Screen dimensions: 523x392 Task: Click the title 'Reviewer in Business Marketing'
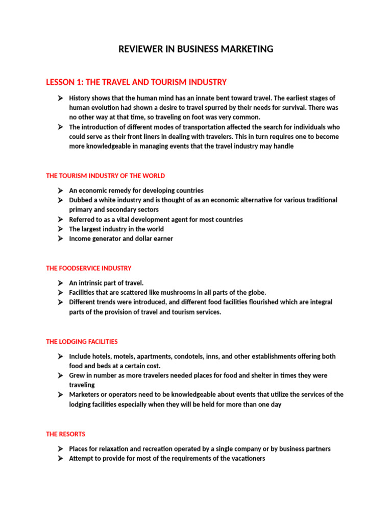(196, 49)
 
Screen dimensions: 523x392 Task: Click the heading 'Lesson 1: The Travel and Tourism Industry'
(136, 82)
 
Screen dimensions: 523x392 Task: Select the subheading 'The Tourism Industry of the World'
(105, 176)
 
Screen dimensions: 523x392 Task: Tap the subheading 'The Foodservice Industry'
(88, 268)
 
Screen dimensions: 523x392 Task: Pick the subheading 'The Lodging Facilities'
(82, 342)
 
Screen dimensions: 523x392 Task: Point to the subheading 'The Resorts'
(65, 434)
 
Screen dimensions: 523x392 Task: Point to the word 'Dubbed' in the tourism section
(81, 200)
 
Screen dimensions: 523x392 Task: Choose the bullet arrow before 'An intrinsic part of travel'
(60, 283)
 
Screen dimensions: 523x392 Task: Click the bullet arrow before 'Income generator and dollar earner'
(60, 239)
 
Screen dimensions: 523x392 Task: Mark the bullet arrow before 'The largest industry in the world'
(60, 229)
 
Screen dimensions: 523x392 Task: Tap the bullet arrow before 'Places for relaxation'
(60, 449)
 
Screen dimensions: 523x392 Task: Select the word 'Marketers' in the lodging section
(85, 395)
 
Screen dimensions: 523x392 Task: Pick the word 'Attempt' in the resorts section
(81, 459)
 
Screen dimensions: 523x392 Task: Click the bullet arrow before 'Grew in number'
(60, 375)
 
